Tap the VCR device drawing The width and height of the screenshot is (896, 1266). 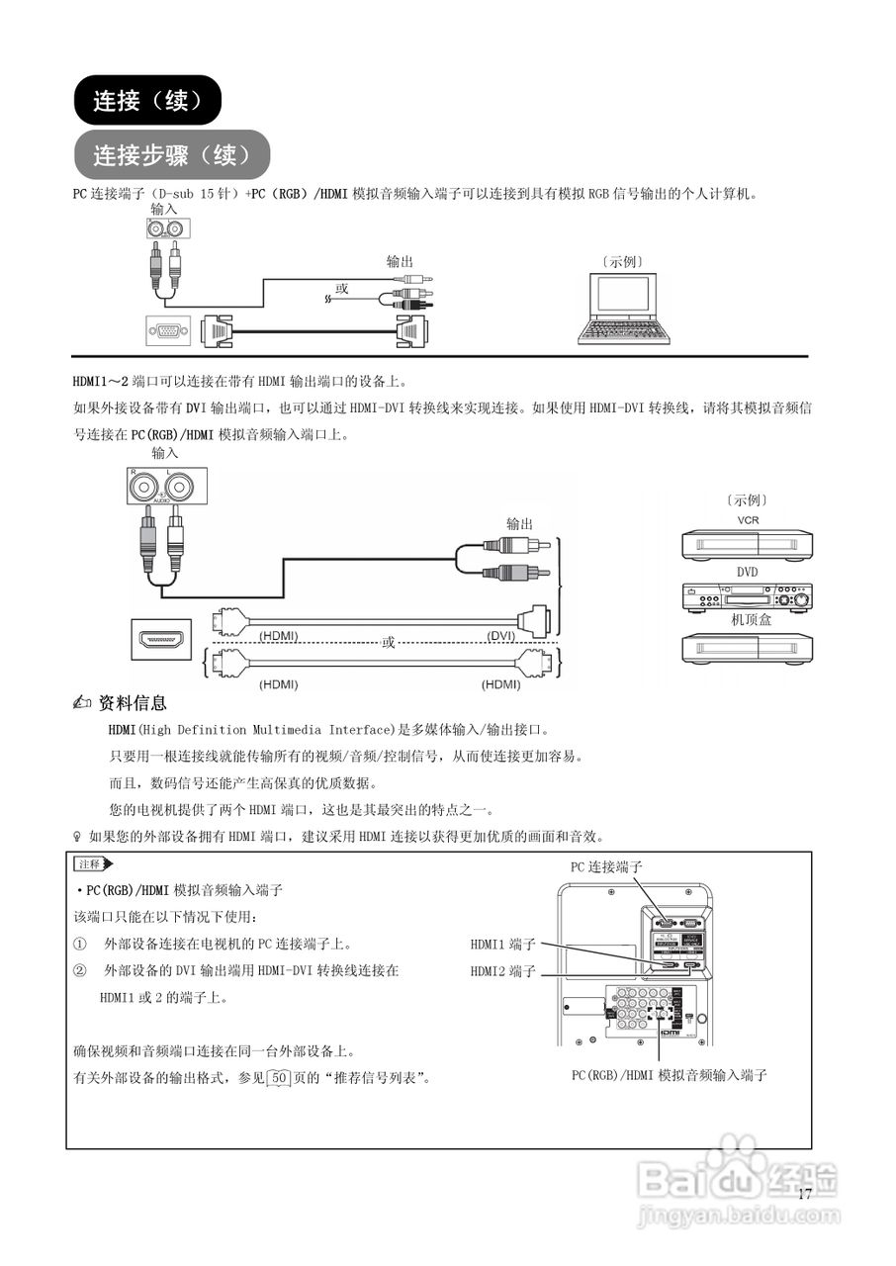(747, 545)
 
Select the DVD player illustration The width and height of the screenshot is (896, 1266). (747, 597)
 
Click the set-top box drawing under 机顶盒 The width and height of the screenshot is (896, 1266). (747, 648)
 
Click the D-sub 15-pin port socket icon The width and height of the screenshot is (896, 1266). (168, 331)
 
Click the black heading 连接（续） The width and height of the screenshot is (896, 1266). (147, 100)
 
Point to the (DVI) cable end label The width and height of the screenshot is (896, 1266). (505, 635)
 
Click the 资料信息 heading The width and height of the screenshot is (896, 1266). (134, 703)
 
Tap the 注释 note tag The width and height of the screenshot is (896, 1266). (91, 864)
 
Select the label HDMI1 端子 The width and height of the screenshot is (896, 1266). (502, 945)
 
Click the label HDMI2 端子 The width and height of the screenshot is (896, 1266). (502, 972)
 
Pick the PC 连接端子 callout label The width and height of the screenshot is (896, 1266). (606, 866)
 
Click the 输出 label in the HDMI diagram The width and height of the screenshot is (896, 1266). (520, 523)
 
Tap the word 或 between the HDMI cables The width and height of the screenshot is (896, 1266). (389, 642)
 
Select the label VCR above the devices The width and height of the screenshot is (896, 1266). (747, 520)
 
